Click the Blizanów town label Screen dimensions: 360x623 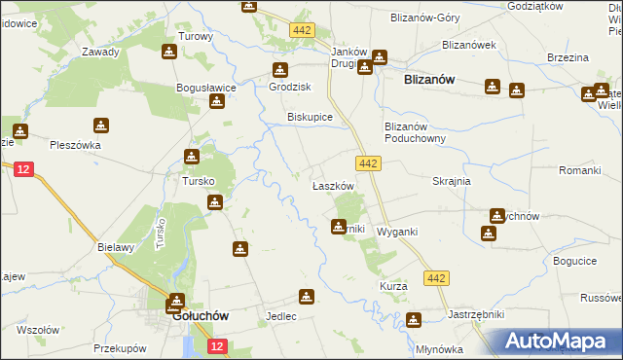point(429,83)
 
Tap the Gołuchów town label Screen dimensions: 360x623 point(200,316)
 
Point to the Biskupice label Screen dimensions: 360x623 point(311,117)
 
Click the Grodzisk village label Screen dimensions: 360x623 point(289,86)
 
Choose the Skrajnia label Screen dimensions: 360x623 point(452,181)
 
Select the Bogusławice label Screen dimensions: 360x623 point(206,88)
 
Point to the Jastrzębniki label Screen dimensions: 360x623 point(448,316)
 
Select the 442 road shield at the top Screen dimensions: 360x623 point(301,31)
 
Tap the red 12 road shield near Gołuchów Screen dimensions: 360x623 point(217,346)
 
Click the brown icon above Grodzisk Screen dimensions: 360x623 point(280,70)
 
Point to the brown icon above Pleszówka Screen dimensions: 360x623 point(101,126)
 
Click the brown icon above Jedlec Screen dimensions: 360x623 point(307,298)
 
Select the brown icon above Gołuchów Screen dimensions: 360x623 point(176,301)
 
